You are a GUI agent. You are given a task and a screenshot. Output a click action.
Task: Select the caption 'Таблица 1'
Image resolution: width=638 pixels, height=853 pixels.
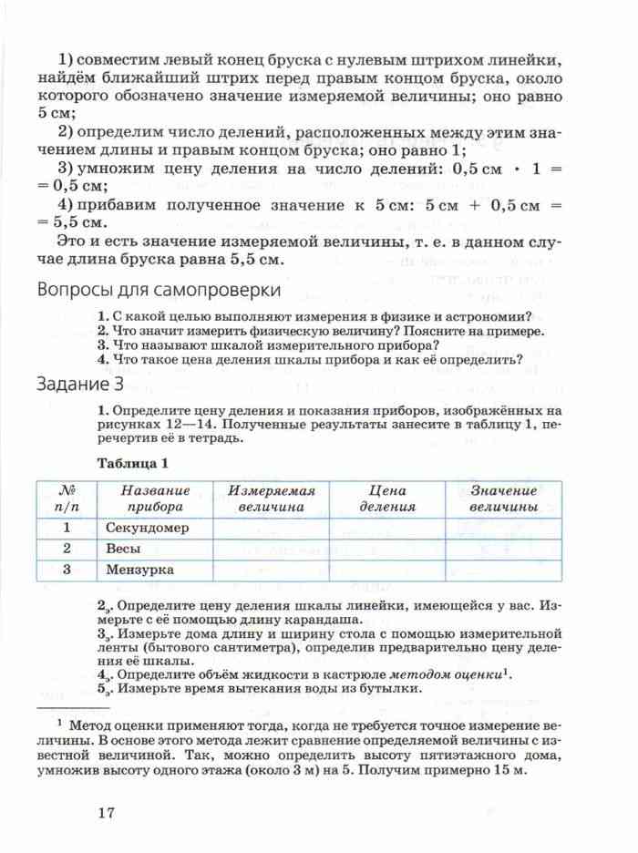point(133,462)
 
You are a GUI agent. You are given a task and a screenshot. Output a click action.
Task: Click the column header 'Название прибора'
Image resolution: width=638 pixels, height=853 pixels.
point(155,498)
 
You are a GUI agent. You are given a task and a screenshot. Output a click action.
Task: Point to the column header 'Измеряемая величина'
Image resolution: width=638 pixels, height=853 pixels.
point(271,498)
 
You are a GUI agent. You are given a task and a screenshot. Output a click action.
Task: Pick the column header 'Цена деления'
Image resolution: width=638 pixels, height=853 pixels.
point(386,498)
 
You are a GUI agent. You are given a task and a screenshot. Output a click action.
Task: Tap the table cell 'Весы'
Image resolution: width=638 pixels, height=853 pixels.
point(122,549)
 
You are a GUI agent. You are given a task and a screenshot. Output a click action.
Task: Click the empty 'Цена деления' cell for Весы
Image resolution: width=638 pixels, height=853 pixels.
point(386,549)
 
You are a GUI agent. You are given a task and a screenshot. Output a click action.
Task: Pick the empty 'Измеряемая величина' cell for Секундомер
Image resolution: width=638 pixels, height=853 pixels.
point(271,528)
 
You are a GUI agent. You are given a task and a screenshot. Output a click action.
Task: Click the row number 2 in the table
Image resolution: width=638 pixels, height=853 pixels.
point(67,549)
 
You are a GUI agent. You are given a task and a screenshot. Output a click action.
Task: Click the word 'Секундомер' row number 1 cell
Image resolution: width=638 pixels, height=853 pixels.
point(67,528)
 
